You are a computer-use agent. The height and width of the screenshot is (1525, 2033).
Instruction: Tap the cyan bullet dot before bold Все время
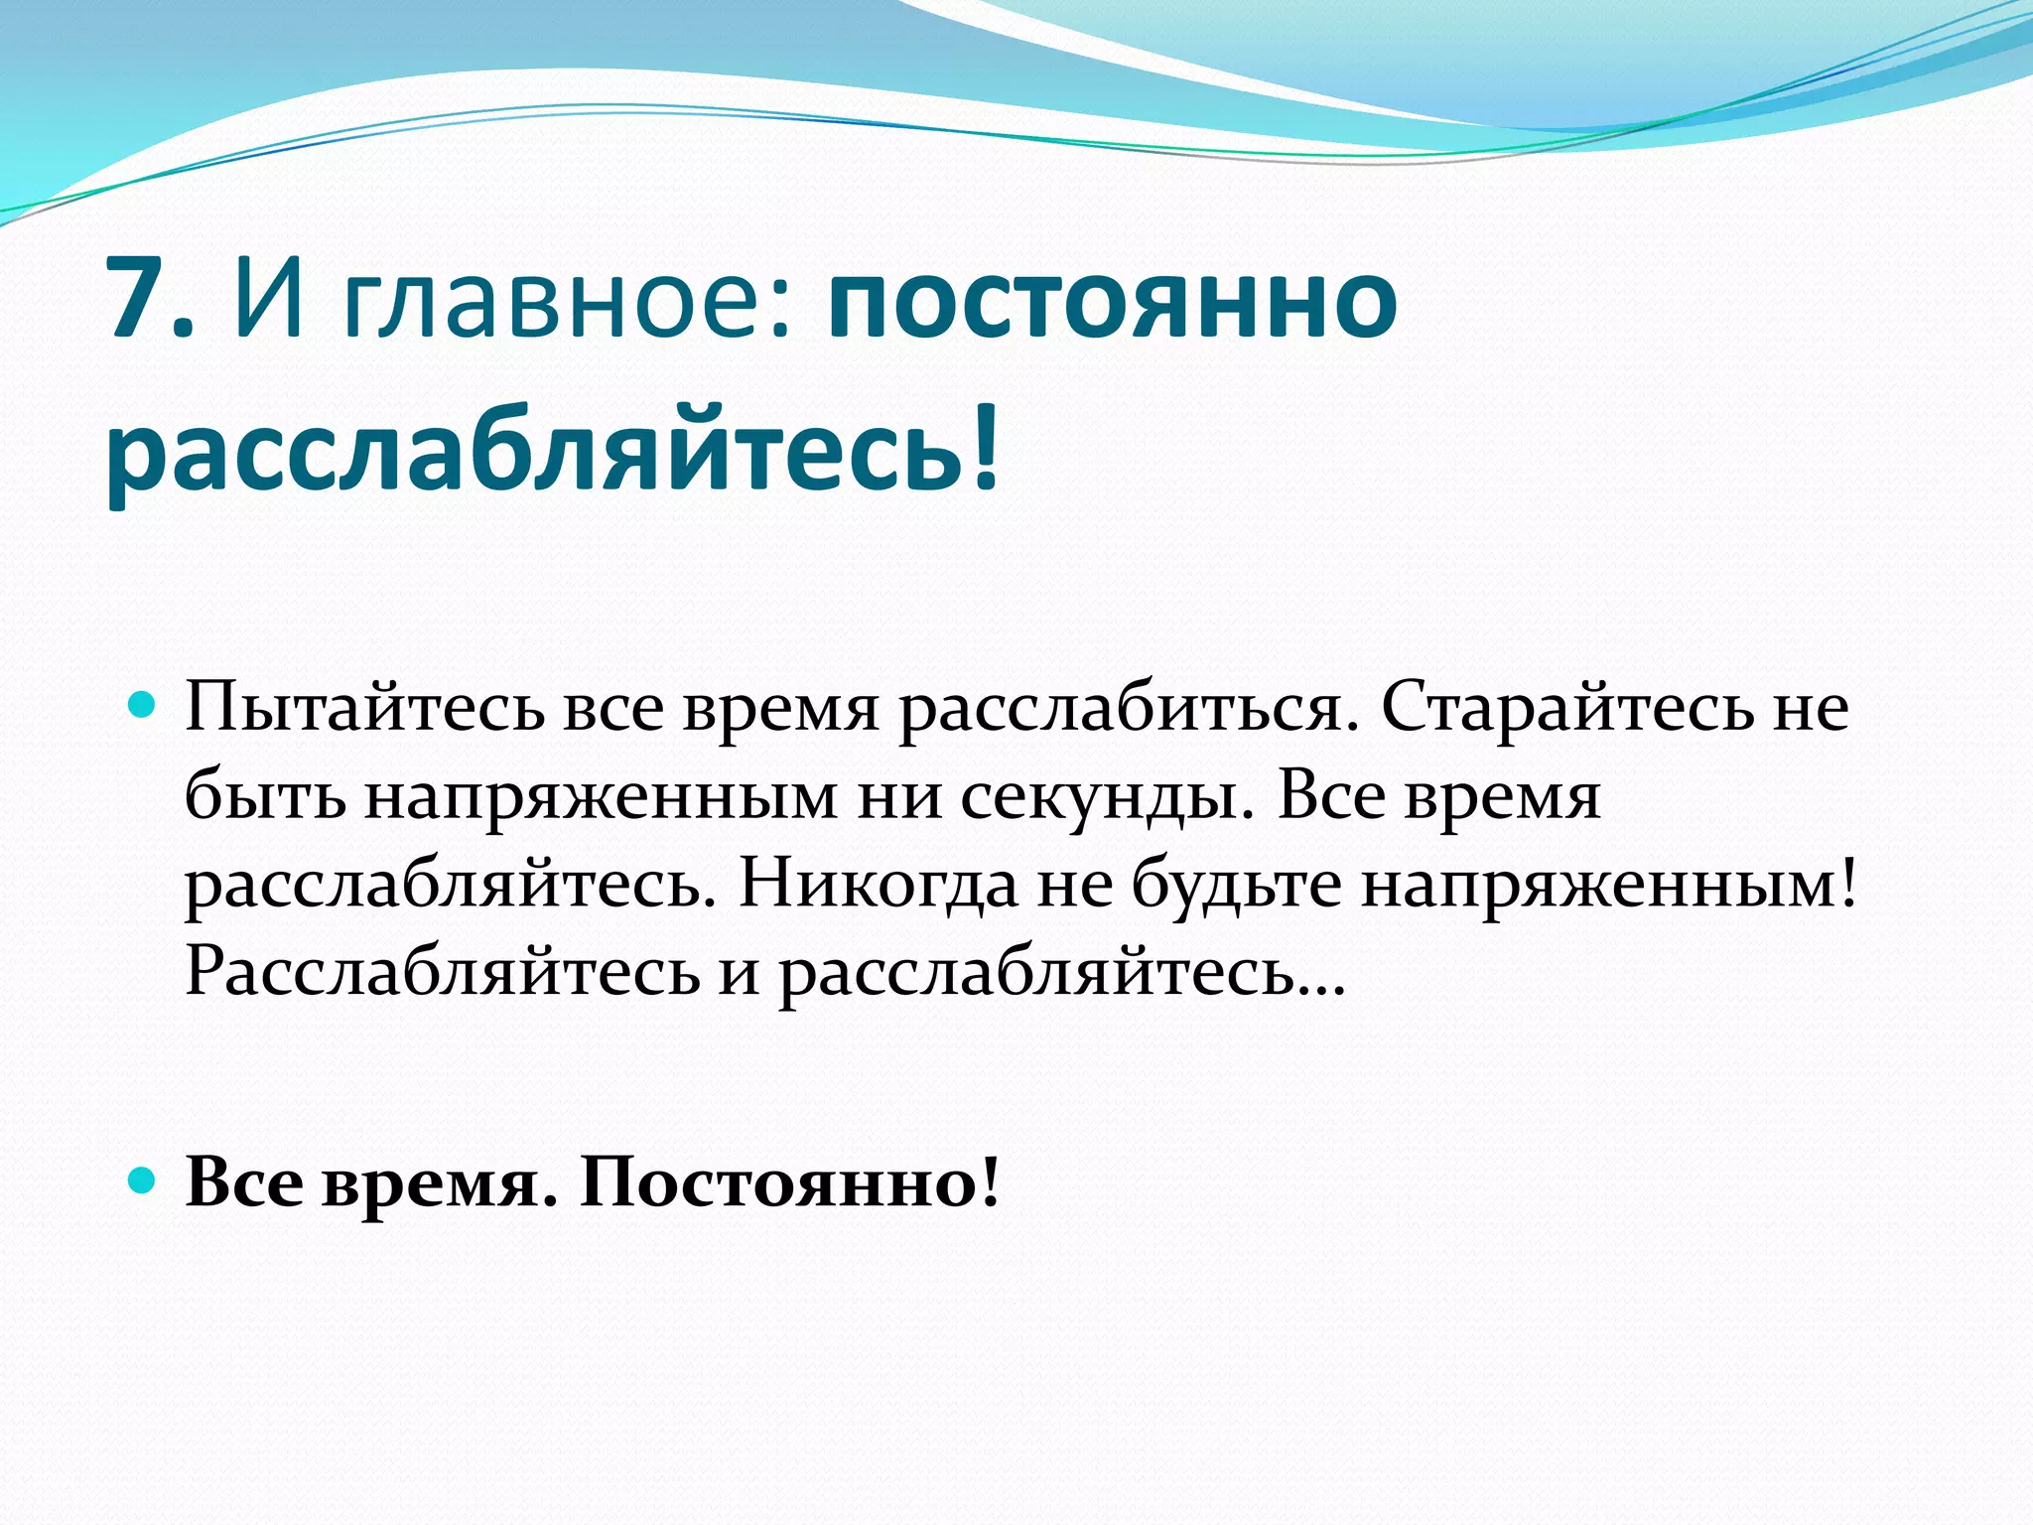pyautogui.click(x=143, y=1180)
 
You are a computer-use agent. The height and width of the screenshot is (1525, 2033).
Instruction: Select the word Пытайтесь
pyautogui.click(x=365, y=710)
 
